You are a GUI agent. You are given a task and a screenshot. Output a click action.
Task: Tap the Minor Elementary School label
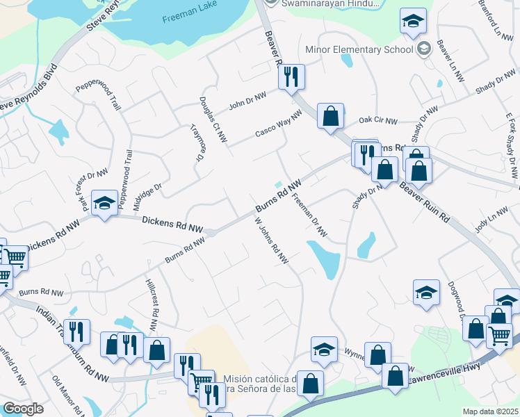click(359, 49)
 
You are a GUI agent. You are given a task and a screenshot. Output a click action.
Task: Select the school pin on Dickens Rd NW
click(104, 204)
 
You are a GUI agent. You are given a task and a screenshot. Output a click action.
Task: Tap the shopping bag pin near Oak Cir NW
click(331, 115)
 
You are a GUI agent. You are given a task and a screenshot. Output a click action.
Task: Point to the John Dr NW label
click(247, 102)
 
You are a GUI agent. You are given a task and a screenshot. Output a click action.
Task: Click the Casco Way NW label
click(278, 123)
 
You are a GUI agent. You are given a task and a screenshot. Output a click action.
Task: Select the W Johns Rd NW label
click(271, 240)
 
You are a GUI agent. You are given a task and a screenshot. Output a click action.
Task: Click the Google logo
click(23, 409)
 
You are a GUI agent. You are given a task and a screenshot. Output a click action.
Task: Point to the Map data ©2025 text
click(490, 411)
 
